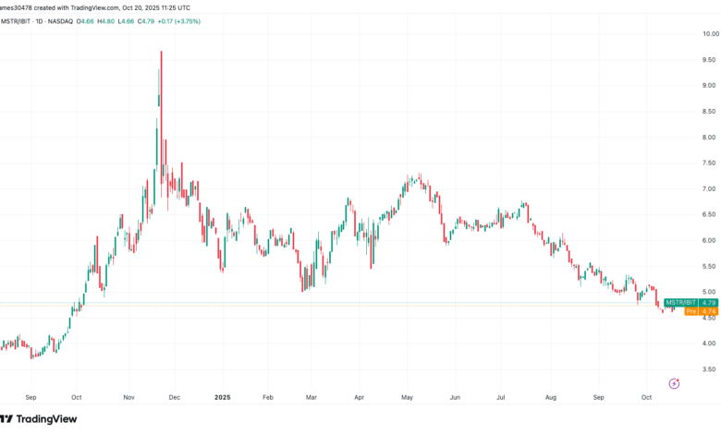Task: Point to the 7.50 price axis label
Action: tap(705, 163)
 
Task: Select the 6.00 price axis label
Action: tap(705, 240)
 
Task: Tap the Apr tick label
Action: tap(359, 396)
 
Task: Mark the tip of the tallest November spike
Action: tap(161, 52)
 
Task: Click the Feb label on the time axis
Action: tap(267, 396)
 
